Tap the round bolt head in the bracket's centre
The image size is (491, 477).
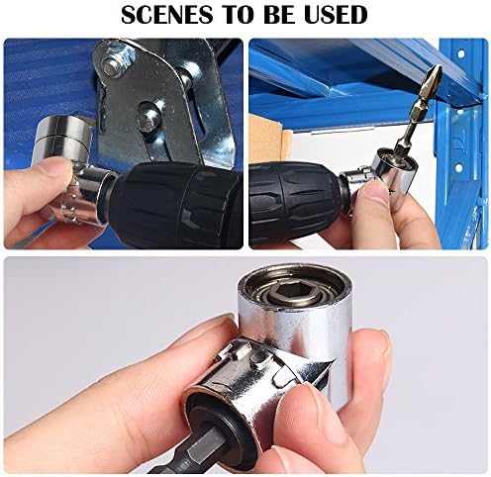(149, 115)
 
